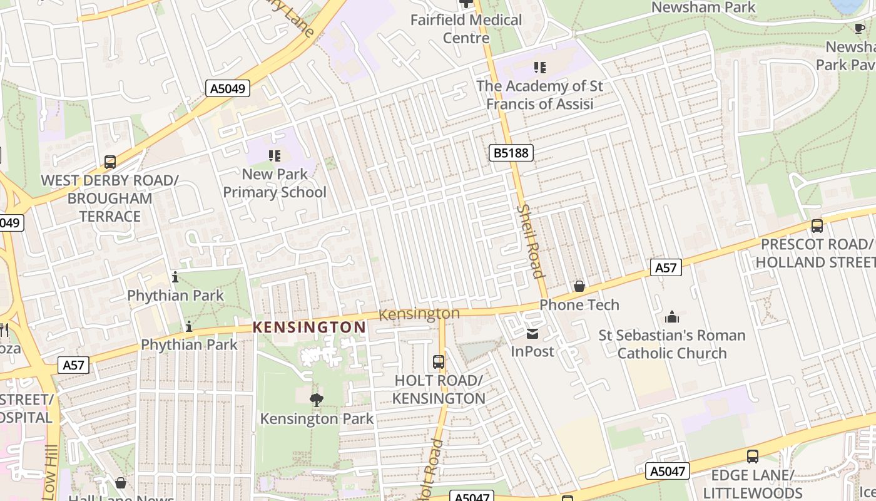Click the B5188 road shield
click(x=511, y=153)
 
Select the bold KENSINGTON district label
click(x=309, y=327)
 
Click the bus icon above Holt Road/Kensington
click(x=439, y=361)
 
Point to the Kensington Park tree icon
click(x=317, y=400)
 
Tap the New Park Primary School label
click(x=275, y=183)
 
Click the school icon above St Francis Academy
click(x=539, y=67)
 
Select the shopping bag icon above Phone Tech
click(x=579, y=286)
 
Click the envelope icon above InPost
click(x=532, y=333)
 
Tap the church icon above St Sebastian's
click(x=672, y=316)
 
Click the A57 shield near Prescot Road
click(x=666, y=267)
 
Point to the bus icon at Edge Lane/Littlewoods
click(x=753, y=457)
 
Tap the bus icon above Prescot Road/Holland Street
click(x=817, y=226)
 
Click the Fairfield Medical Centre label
click(x=466, y=29)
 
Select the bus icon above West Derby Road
click(x=110, y=162)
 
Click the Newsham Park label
click(x=703, y=8)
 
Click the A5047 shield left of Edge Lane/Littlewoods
click(x=667, y=470)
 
